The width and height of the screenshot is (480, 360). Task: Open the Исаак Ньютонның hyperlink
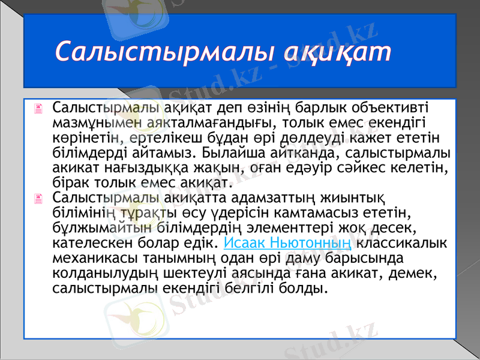click(287, 244)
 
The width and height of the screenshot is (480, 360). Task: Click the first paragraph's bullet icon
click(39, 109)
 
